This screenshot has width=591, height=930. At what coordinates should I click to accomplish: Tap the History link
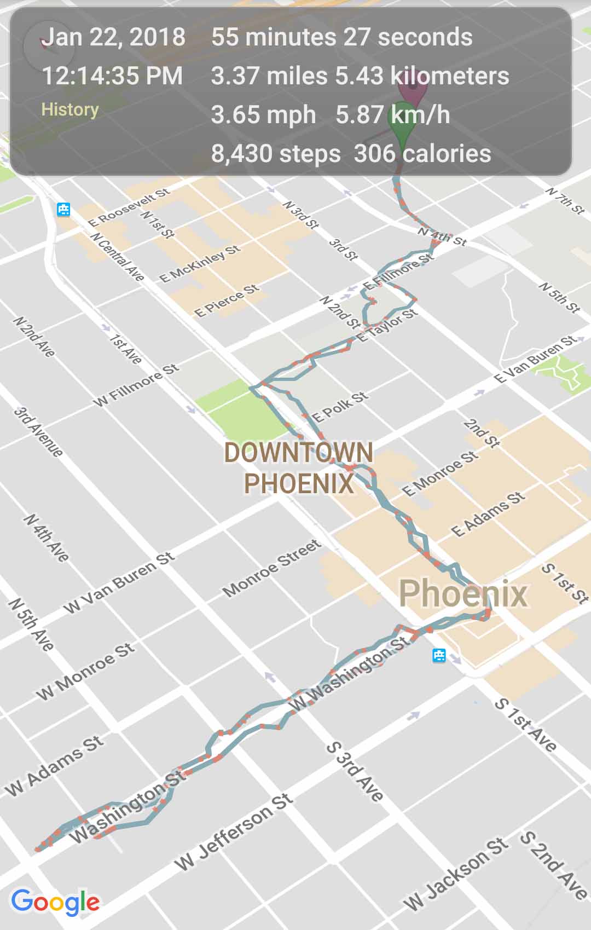coord(70,109)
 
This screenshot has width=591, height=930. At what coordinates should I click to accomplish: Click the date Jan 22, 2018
coord(113,37)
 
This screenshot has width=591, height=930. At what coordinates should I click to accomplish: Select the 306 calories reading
coord(422,153)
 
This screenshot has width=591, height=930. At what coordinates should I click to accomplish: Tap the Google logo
coord(55,902)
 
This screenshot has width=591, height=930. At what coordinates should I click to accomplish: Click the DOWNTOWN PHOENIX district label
coord(299,468)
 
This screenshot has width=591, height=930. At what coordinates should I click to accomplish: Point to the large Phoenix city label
coord(463,593)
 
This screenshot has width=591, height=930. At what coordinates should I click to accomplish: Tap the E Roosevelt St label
coord(129,207)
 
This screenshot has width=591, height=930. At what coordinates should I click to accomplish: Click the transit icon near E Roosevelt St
coord(64,209)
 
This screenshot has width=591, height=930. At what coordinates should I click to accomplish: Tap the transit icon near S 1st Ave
coord(439,655)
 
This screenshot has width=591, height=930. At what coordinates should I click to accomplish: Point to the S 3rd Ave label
coord(355,772)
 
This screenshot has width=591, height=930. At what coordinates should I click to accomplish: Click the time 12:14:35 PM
coord(112,76)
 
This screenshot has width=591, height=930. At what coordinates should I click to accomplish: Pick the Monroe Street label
coord(271,568)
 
